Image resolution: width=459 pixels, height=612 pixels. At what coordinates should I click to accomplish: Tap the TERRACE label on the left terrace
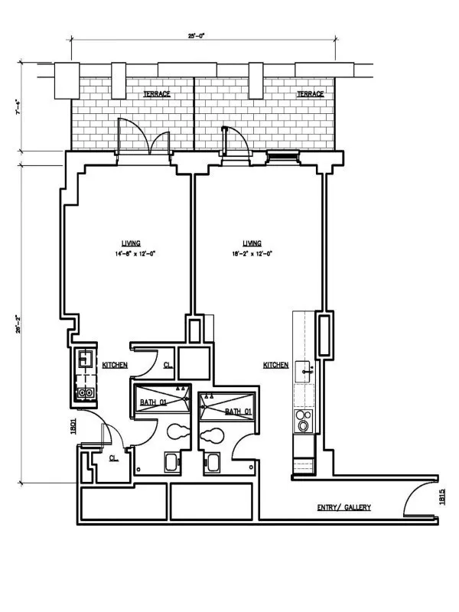[x=157, y=94]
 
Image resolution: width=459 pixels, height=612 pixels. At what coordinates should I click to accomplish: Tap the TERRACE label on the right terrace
[x=310, y=94]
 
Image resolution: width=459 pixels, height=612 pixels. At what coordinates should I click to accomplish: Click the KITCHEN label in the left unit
[x=115, y=366]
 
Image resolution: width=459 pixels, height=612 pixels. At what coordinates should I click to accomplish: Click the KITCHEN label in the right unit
[x=275, y=366]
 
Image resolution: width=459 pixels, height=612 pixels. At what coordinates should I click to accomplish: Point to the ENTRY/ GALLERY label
[x=344, y=507]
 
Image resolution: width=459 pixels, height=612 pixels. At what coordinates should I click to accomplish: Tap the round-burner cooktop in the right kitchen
[x=304, y=422]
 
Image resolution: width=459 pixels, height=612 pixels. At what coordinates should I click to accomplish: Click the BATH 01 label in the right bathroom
[x=238, y=412]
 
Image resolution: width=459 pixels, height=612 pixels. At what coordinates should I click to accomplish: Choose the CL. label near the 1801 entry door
[x=112, y=458]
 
